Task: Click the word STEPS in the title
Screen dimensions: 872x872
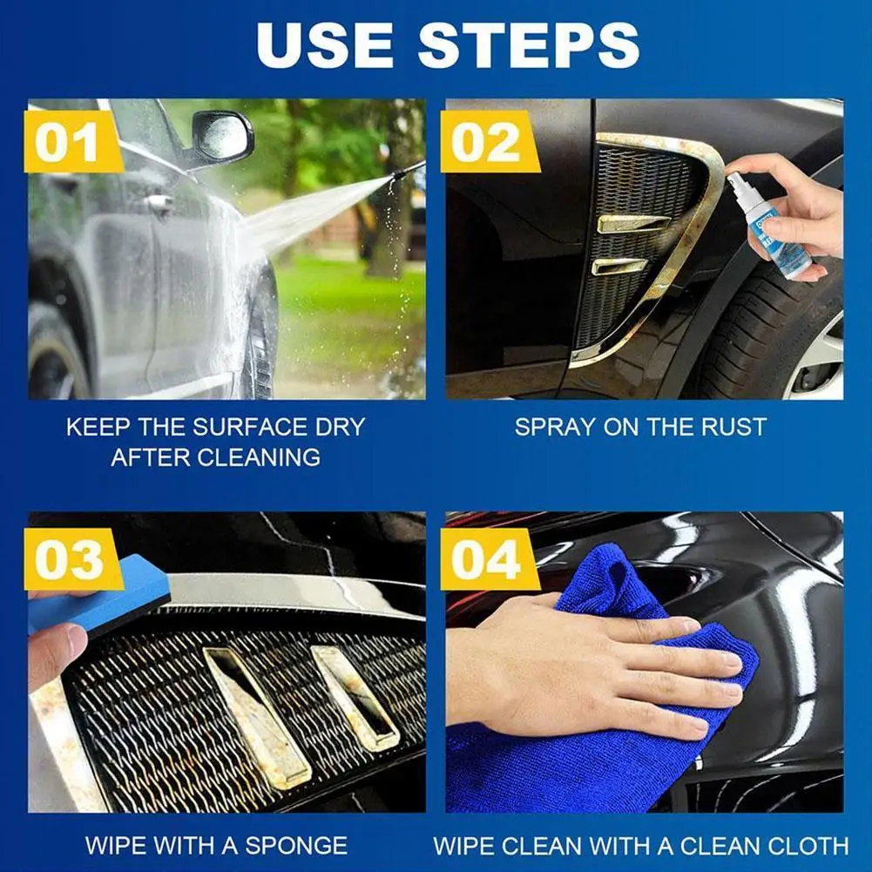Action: [x=528, y=45]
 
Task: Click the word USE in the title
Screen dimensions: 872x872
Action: [x=325, y=45]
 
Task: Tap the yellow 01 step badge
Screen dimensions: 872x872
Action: [x=72, y=142]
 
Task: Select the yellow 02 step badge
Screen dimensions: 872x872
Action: [x=489, y=142]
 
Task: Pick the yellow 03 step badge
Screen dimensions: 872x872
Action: [x=72, y=559]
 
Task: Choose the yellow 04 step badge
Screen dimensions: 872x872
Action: [x=489, y=559]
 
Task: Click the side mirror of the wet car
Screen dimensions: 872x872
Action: [x=222, y=136]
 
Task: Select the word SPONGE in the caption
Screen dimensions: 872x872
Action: [x=296, y=846]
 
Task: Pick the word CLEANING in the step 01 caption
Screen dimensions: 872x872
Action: [x=259, y=457]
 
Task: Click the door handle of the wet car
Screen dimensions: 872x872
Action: [x=158, y=203]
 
